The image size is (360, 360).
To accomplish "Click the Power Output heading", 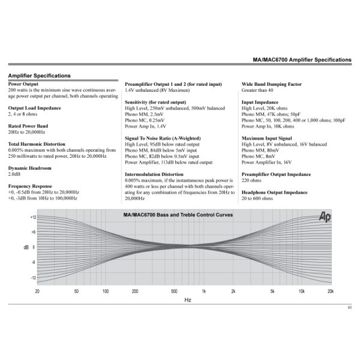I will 22,85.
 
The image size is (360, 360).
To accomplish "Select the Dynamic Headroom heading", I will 28,169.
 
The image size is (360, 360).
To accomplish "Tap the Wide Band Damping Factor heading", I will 271,85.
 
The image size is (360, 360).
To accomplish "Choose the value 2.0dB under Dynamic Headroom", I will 14,175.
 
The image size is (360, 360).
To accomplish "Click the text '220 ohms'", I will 252,181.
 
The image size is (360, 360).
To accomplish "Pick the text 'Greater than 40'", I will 258,91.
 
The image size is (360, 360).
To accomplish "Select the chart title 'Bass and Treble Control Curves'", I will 178,215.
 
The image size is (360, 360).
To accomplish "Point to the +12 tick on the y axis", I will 33,217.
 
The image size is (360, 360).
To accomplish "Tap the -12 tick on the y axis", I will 34,278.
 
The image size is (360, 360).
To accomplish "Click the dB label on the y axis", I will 26,247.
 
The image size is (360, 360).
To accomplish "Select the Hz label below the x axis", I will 188,299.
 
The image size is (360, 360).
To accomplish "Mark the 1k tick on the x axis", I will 204,291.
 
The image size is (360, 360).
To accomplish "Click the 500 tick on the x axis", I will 174,291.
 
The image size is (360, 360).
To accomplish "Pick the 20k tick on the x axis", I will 330,291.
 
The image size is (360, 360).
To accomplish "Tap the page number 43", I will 349,308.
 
